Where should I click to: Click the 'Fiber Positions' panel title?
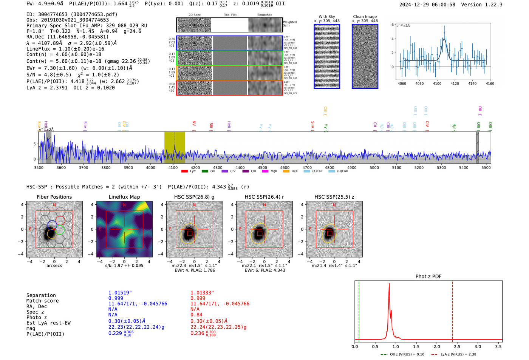click(54, 197)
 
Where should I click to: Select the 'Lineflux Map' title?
click(124, 197)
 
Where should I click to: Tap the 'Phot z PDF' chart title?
click(428, 277)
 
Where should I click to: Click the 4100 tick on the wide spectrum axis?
click(173, 167)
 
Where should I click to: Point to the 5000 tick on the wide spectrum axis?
click(374, 167)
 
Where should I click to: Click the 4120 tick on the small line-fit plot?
click(455, 83)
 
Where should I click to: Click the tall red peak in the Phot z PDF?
click(389, 284)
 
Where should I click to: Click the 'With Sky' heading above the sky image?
click(326, 17)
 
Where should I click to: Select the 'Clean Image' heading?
click(365, 17)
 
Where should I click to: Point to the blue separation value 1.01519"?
click(120, 293)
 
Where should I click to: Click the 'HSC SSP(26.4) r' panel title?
click(264, 197)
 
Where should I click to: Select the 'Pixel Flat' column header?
click(230, 15)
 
